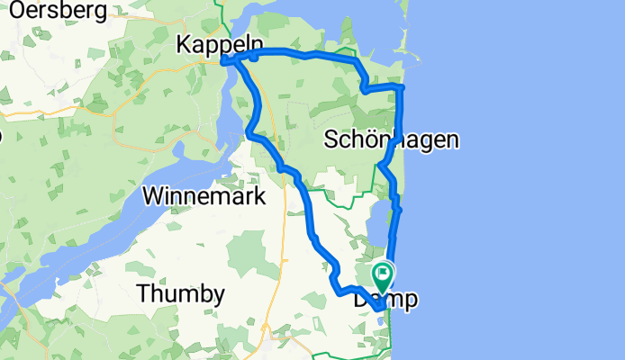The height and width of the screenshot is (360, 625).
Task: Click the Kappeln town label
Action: pos(221,43)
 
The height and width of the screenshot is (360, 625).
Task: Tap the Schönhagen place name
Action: pos(392,139)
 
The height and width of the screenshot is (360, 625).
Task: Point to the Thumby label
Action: pos(180,293)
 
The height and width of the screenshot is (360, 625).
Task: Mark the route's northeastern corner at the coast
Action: pos(401,86)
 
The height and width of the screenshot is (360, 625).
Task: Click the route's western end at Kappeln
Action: pos(222,61)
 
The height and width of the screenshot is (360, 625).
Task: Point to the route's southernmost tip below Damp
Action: pos(380,314)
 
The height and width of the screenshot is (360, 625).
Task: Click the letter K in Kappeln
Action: pos(186,43)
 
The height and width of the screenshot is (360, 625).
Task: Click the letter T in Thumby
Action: pos(142,293)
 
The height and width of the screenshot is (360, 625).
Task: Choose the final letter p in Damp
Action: pos(411,301)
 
